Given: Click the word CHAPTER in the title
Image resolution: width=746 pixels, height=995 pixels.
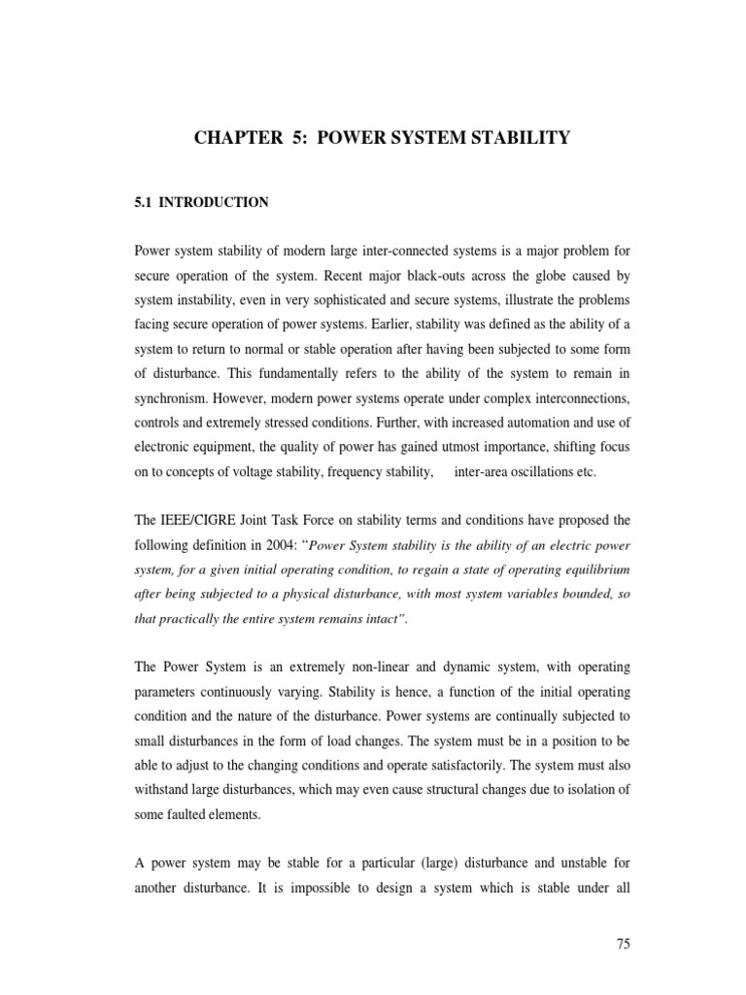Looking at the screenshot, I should click(x=234, y=140).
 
